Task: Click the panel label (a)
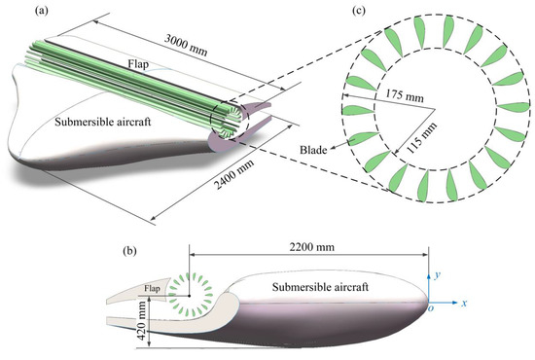point(17,12)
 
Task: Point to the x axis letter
point(478,305)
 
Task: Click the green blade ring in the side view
point(194,298)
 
